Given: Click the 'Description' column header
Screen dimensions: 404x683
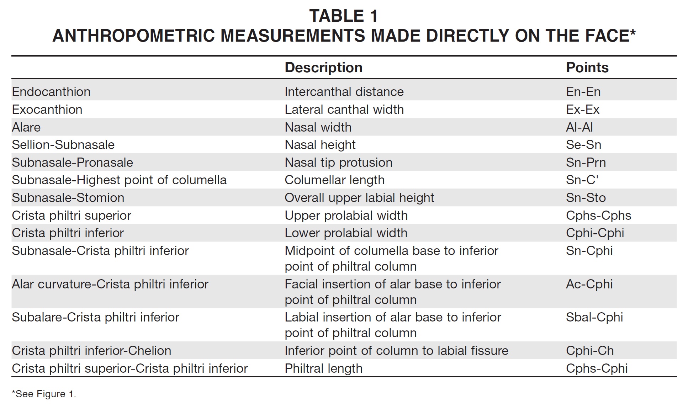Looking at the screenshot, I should [x=323, y=68].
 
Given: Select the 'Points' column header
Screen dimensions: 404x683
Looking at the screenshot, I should [x=587, y=68].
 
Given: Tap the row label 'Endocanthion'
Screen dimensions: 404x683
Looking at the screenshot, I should [x=51, y=92].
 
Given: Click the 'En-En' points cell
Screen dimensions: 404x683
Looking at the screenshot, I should [x=583, y=92].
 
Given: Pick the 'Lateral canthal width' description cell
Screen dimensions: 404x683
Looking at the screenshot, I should [x=344, y=110].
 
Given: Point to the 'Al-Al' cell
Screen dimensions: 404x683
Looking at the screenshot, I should [x=579, y=127].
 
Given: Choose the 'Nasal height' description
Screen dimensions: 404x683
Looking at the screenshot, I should [x=320, y=145].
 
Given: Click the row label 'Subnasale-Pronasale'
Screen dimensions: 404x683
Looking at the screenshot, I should [x=72, y=163].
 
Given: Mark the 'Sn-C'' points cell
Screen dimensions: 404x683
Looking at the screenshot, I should [x=582, y=180].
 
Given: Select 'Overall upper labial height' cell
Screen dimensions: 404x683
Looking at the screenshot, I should [x=359, y=198].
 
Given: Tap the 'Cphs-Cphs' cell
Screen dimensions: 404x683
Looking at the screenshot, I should [x=598, y=216].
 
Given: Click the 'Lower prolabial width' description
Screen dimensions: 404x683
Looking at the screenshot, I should [x=346, y=233].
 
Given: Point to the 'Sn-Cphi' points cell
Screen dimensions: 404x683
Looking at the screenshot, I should [x=589, y=251].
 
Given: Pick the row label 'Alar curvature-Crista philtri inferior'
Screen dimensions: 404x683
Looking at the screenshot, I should [x=110, y=284].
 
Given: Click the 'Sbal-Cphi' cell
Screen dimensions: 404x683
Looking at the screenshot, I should [x=594, y=317].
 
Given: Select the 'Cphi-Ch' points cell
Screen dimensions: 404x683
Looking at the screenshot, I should [x=590, y=351].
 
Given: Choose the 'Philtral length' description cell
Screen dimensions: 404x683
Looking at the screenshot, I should [x=323, y=368].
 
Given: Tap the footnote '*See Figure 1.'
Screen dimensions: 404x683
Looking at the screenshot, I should [x=44, y=394].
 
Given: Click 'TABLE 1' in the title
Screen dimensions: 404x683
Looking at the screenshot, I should [x=343, y=16].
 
